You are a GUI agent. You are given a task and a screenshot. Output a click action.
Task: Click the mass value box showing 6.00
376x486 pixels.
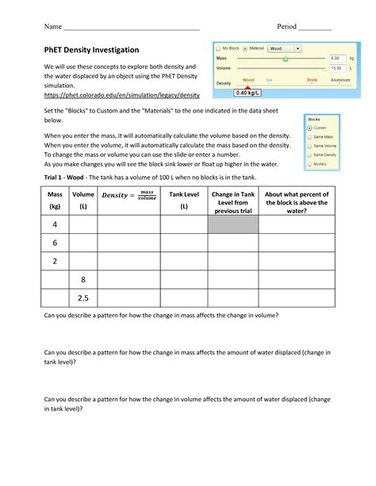(336, 59)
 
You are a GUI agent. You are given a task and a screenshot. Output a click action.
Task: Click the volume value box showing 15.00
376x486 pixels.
(336, 68)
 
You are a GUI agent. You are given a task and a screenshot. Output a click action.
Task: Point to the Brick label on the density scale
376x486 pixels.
(312, 80)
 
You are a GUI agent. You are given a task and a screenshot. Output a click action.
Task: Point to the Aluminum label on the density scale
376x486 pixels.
(340, 80)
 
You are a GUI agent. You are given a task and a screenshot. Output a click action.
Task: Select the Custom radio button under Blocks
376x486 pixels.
(310, 128)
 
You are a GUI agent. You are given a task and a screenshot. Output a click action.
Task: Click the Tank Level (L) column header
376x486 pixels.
(183, 200)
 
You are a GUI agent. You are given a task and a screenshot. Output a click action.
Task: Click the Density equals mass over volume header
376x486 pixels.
(129, 195)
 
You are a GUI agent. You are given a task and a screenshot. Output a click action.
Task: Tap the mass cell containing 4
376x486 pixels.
(55, 224)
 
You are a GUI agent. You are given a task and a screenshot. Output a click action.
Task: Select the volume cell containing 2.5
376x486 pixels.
(82, 298)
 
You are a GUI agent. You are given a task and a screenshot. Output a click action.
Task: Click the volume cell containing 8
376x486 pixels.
(82, 280)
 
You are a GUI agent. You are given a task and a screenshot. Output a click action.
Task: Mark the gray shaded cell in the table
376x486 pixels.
(232, 224)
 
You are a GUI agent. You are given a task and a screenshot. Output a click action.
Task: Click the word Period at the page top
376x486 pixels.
(286, 27)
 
